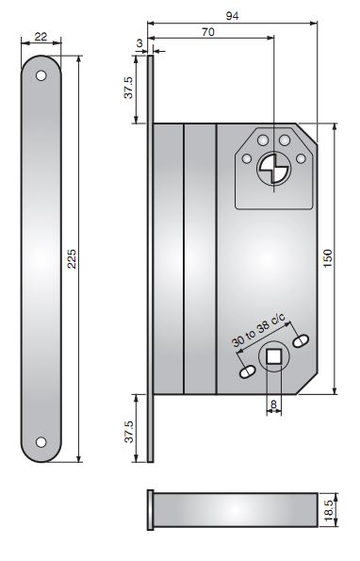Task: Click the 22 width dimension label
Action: (x=41, y=36)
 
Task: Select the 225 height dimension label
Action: (x=73, y=258)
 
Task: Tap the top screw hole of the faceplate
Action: (x=41, y=75)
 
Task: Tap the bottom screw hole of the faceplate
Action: (x=41, y=442)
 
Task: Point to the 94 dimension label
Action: (x=233, y=16)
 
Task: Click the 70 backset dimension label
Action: (x=208, y=32)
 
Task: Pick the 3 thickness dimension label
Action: (x=139, y=43)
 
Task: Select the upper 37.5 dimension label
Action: (x=128, y=88)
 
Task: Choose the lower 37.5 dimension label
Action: (x=129, y=432)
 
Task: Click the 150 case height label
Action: (x=327, y=257)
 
